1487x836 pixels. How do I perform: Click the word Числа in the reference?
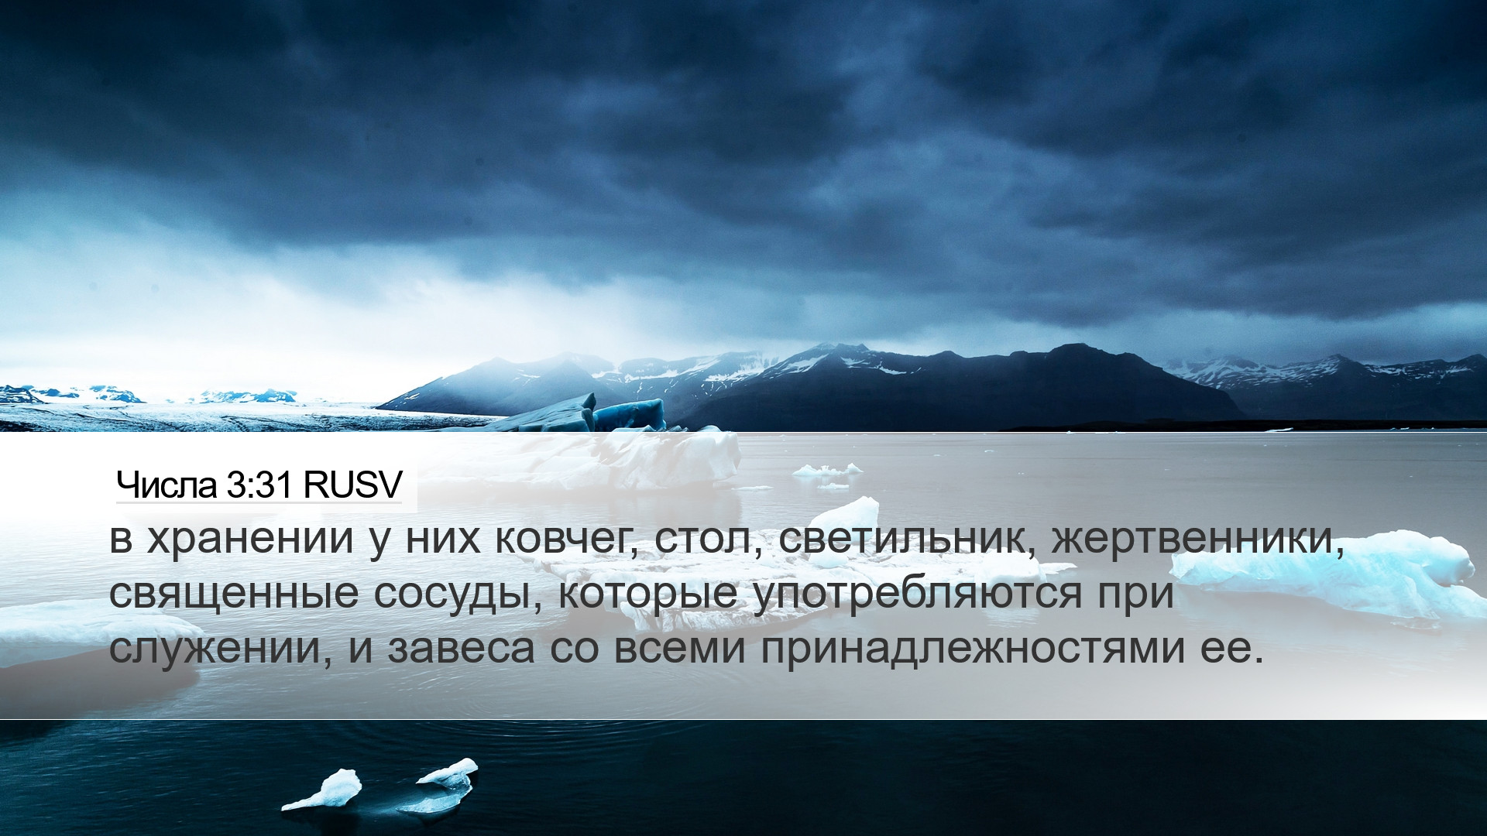[167, 485]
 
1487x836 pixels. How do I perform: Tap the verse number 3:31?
[260, 485]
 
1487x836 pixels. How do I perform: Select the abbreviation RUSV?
[353, 485]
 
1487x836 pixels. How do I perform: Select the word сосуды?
[456, 594]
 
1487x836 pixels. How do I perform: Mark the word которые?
[647, 594]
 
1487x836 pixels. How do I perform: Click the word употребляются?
[918, 594]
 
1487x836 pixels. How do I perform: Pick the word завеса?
[462, 649]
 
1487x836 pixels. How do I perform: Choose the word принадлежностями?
[972, 649]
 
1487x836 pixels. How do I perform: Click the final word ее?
[1226, 649]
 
